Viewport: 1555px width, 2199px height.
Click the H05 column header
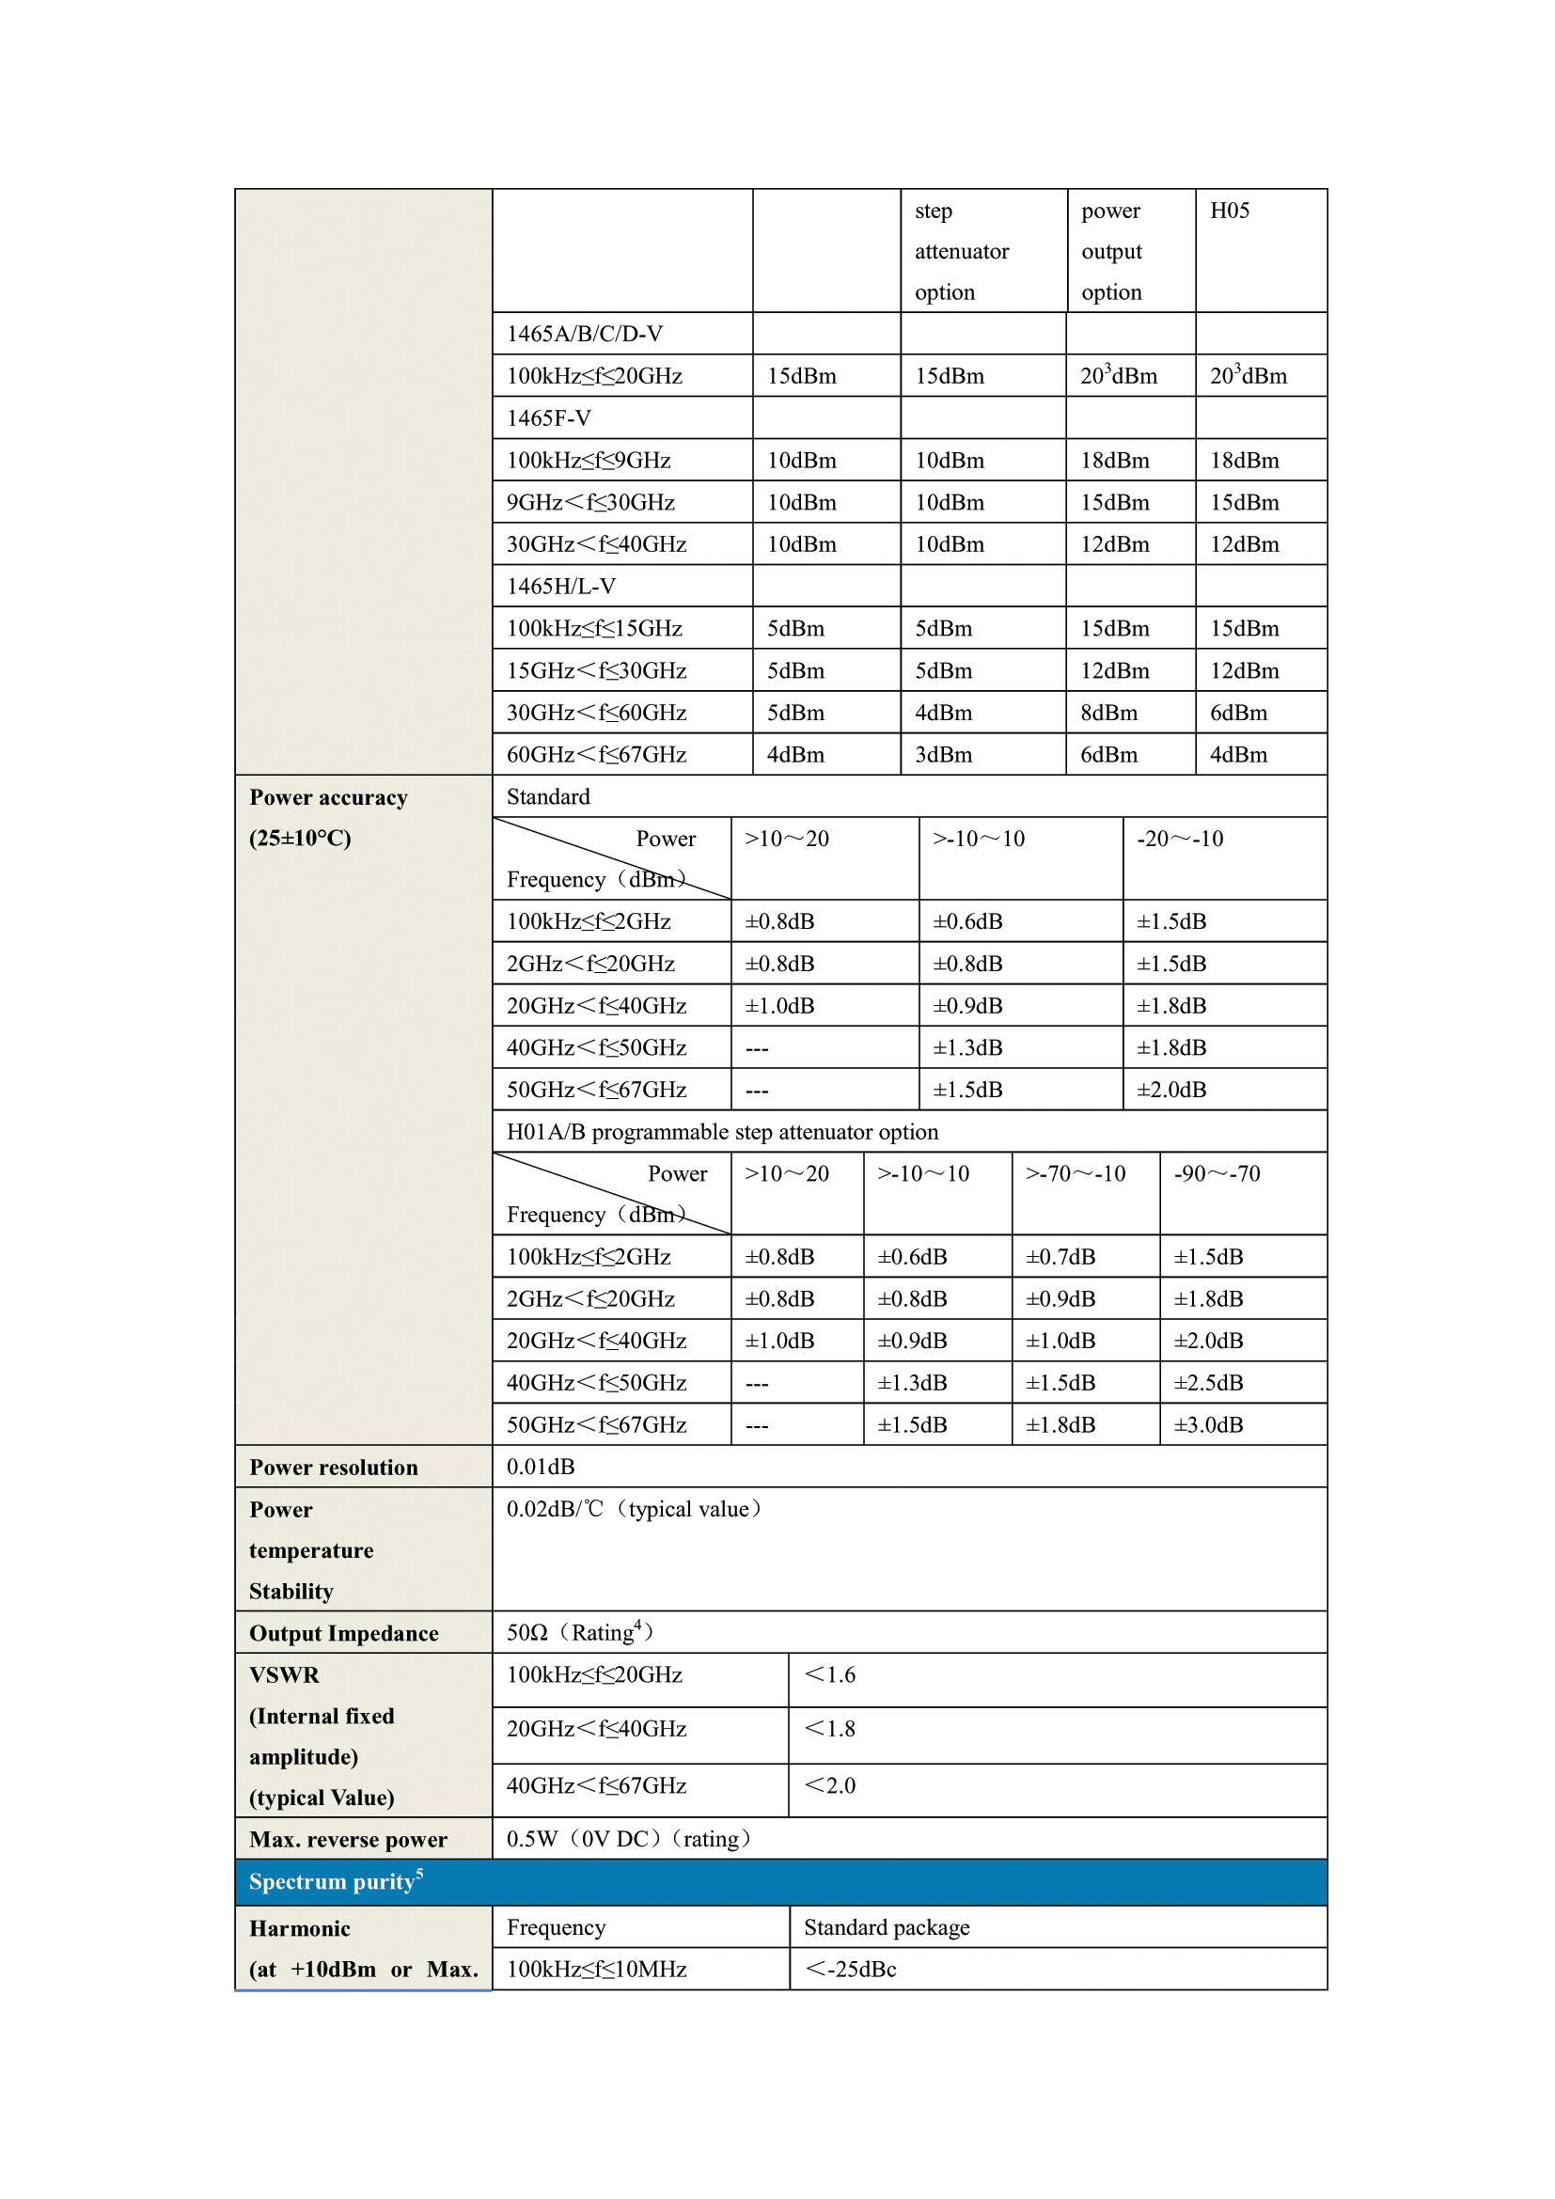1230,211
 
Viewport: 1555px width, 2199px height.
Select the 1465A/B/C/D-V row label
584,334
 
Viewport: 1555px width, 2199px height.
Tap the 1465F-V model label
549,417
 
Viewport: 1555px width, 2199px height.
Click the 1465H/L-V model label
561,586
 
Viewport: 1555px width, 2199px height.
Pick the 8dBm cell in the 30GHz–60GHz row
1108,713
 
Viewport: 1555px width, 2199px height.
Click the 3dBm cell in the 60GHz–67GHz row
943,755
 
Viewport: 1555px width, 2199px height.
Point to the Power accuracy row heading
328,798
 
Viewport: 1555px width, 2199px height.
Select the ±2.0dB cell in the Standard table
1171,1090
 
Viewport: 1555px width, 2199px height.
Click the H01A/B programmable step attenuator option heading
722,1132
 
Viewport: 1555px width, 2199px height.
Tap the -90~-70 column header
1217,1174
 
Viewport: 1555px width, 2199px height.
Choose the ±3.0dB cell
1208,1425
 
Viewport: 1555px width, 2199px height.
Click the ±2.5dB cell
1208,1383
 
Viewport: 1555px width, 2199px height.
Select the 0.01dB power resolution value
541,1468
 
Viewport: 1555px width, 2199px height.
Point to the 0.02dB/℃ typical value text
634,1510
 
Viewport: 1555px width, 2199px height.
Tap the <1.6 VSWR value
829,1675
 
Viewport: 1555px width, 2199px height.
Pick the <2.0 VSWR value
829,1786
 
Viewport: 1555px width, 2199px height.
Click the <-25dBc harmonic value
850,1970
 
